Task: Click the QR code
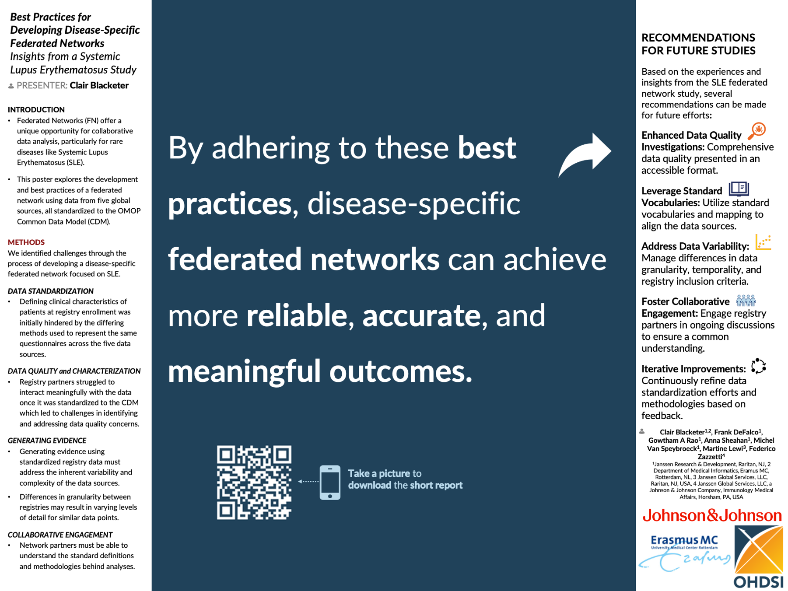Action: pos(254,482)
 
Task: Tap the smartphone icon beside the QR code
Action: pos(330,482)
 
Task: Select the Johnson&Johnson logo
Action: pos(712,515)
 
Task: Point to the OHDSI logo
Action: pos(759,557)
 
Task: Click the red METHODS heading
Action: pos(26,242)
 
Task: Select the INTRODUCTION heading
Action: pos(36,109)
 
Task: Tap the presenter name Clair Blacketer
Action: pos(99,85)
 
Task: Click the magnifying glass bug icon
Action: pos(757,131)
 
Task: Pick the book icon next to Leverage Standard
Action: pos(739,189)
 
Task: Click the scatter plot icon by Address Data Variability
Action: pos(763,242)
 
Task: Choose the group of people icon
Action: pos(746,300)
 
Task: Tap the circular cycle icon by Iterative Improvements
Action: pos(758,366)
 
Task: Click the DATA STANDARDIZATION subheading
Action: pos(51,291)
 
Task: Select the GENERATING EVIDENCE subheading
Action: pos(47,441)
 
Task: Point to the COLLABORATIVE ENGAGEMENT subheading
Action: pos(60,535)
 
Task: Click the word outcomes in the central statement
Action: pos(401,371)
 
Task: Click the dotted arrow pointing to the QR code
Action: pos(308,481)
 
